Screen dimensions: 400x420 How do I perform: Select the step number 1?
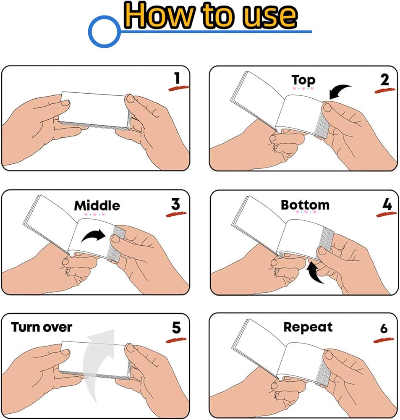pos(177,78)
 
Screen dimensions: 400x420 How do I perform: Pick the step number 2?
pos(384,80)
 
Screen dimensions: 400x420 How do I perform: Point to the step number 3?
pos(175,205)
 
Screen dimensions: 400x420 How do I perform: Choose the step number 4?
pos(387,205)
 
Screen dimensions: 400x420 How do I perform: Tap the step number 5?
pos(176,328)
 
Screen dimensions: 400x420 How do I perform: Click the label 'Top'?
pos(303,80)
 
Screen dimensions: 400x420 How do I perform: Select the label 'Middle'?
pos(97,206)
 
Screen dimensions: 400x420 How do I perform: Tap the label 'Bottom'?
pos(305,205)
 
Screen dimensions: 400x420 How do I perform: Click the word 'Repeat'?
pos(308,327)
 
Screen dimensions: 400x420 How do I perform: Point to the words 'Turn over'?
pos(42,327)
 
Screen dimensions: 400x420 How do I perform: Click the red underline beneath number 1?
pos(178,88)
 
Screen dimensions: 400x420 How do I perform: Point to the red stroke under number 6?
pos(384,340)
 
